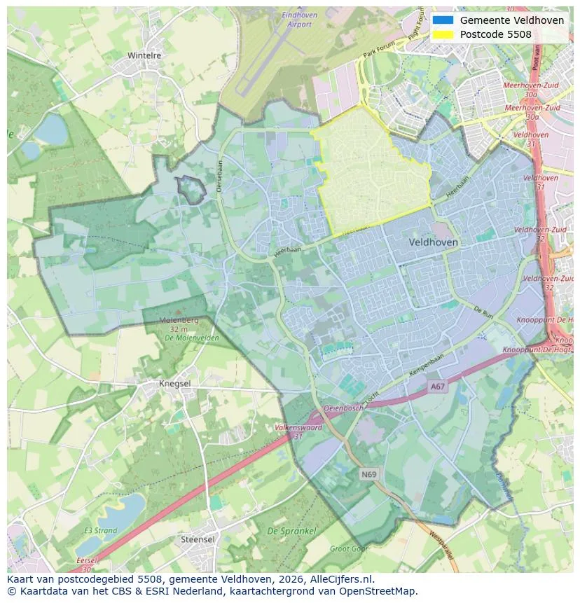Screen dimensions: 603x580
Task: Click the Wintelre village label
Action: [x=144, y=55]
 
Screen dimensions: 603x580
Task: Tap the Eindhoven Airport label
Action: [x=300, y=20]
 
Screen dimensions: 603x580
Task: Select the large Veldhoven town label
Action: [x=433, y=242]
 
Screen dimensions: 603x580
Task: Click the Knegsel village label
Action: [x=174, y=384]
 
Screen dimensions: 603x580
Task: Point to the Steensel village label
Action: [x=198, y=539]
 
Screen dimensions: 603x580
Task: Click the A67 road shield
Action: [x=438, y=386]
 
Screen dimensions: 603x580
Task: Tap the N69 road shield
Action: [x=369, y=474]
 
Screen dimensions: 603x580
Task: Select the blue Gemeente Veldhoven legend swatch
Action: [x=443, y=20]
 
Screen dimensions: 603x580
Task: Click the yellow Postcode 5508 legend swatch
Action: [x=443, y=34]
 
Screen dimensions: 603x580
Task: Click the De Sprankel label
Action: [x=291, y=532]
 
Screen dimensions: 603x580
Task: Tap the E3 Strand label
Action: [x=101, y=531]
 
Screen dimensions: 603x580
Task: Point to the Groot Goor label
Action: [x=348, y=549]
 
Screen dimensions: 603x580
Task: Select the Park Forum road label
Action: [x=379, y=49]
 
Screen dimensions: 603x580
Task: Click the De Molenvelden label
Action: [x=191, y=338]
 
